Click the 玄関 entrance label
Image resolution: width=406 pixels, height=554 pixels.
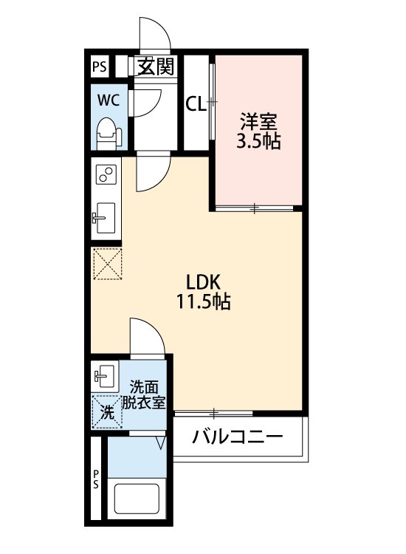click(155, 67)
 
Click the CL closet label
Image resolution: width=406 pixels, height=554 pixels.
click(195, 104)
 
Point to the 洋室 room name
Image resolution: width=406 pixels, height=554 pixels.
click(258, 120)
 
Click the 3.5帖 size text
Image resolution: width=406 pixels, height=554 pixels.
click(258, 141)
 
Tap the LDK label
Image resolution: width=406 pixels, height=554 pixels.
click(202, 281)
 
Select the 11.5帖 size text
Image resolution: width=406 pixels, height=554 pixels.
click(202, 301)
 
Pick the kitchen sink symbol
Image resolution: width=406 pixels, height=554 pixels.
click(106, 217)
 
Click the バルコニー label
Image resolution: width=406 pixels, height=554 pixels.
click(238, 437)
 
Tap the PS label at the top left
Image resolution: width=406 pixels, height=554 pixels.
click(99, 67)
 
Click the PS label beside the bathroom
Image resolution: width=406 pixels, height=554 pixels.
click(96, 479)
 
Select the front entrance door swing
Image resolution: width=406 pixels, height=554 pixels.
click(156, 34)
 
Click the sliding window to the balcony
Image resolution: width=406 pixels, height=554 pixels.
click(213, 411)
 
